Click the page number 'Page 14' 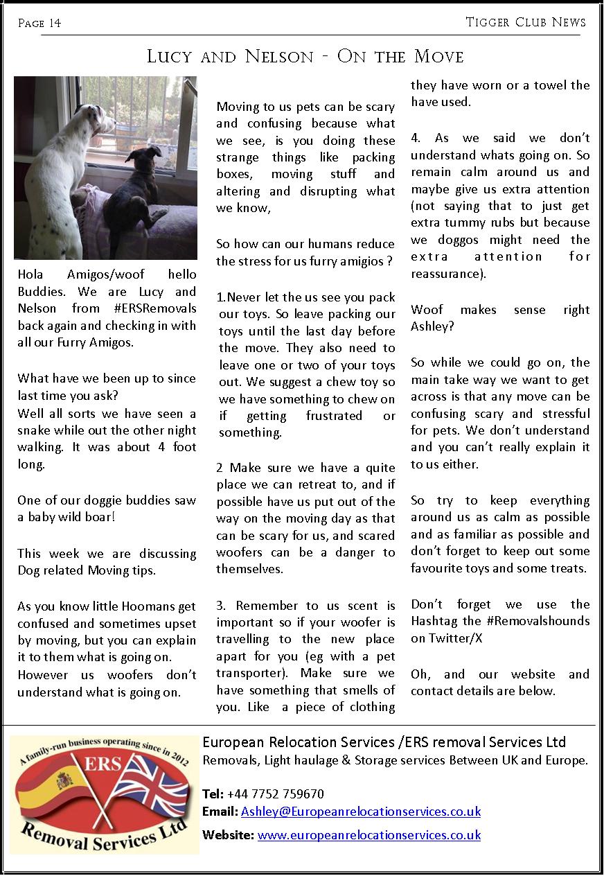point(39,24)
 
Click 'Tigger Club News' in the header point(526,22)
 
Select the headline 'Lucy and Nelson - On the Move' point(305,56)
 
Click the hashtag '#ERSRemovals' point(153,308)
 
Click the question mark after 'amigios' point(391,261)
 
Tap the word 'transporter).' point(247,673)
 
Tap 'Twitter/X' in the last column point(455,638)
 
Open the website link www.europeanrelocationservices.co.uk point(368,835)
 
